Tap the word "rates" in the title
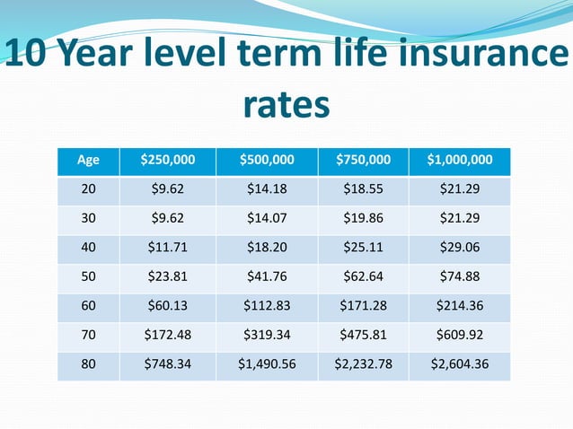coord(286,106)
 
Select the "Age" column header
coord(89,161)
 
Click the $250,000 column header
coord(167,161)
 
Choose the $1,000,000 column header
coord(459,161)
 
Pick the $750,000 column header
coord(363,161)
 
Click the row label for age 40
coord(89,248)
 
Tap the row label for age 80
coord(89,364)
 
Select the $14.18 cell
coord(267,189)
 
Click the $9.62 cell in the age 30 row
coord(167,218)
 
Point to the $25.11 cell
coord(363,248)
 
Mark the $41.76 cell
coord(267,276)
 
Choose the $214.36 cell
coord(459,306)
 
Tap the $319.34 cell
coord(267,335)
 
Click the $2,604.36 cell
coord(459,364)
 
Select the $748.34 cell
coord(167,364)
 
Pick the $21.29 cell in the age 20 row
coord(459,189)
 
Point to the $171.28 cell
coord(363,306)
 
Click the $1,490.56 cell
coord(267,364)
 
